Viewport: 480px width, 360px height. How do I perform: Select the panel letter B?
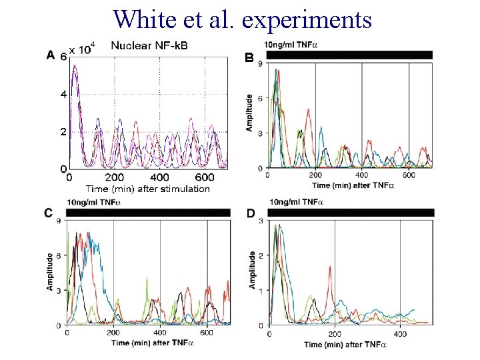click(249, 59)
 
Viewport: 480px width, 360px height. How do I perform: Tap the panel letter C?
click(49, 213)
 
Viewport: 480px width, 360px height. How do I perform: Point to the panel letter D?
click(250, 213)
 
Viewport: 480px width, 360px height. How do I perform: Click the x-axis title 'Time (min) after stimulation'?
click(139, 189)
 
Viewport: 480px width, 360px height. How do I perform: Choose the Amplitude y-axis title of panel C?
click(50, 270)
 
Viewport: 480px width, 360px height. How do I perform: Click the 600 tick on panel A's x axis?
click(206, 177)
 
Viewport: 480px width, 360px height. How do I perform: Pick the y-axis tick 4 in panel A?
click(63, 95)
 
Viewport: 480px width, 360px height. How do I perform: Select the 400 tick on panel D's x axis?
click(399, 333)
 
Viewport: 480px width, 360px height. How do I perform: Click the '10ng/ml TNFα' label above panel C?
click(93, 202)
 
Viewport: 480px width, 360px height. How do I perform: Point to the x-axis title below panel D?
click(345, 344)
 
